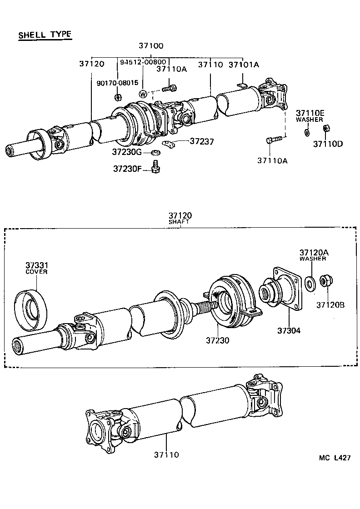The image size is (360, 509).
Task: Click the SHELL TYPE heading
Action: pos(45,35)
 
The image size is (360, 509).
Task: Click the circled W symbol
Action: pos(143,94)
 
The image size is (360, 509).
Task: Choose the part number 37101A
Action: pos(244,65)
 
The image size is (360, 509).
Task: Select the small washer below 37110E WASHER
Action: pos(306,132)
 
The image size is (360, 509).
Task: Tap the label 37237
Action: pos(202,142)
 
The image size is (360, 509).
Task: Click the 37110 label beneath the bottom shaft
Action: pos(166,454)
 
